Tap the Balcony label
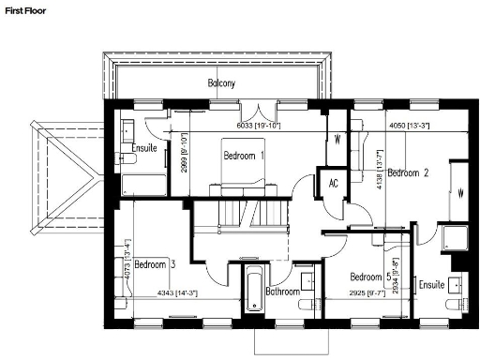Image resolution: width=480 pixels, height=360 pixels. [221, 83]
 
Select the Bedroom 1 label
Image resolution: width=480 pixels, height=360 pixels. [244, 156]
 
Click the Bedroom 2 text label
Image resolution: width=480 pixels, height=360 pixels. [408, 172]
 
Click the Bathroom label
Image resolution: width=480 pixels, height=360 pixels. [281, 292]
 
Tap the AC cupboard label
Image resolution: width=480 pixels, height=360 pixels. [332, 183]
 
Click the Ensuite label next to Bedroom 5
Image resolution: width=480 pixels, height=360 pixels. [431, 284]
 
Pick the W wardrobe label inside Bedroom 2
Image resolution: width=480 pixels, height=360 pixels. [461, 195]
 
